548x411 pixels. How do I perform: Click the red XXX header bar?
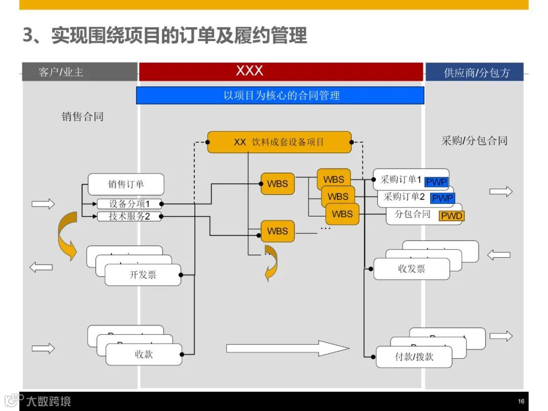[281, 72]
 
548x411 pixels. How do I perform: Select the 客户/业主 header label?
[61, 72]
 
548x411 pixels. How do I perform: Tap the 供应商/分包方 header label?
[476, 73]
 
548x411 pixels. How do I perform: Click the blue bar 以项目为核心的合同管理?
[280, 95]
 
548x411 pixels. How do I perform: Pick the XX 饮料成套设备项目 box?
[279, 142]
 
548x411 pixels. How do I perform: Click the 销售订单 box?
[126, 184]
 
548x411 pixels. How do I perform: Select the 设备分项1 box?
[129, 204]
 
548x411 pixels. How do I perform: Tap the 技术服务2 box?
[129, 217]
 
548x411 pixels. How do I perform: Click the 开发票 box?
[143, 275]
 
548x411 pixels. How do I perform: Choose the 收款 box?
[144, 354]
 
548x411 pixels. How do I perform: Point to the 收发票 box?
[412, 269]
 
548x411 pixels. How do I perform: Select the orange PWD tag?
[452, 216]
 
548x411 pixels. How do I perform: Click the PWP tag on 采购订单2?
[442, 198]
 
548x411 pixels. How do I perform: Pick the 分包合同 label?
[413, 214]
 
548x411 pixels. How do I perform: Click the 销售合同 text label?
[83, 117]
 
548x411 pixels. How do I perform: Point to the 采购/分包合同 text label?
[474, 141]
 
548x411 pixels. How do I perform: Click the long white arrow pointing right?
[287, 348]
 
